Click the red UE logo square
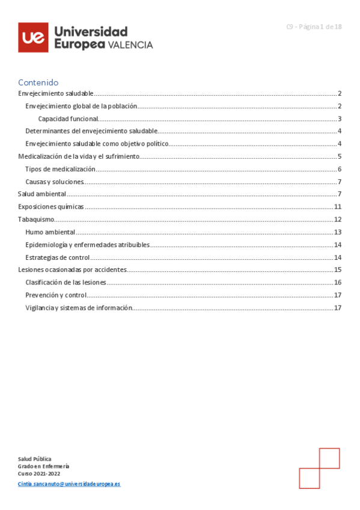tap(34, 37)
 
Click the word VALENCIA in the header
tap(130, 45)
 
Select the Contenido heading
tap(38, 82)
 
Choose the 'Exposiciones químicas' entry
tap(50, 207)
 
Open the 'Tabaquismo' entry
tap(36, 220)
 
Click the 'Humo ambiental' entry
tap(50, 232)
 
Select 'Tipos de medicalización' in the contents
tap(60, 169)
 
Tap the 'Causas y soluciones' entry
tap(54, 182)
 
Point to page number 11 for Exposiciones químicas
tap(338, 207)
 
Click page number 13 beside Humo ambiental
tap(338, 232)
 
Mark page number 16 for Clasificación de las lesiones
tap(338, 283)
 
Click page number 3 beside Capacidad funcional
tap(340, 118)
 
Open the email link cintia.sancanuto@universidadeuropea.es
tap(69, 484)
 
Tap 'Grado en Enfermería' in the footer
tap(43, 466)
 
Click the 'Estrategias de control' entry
tap(58, 257)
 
